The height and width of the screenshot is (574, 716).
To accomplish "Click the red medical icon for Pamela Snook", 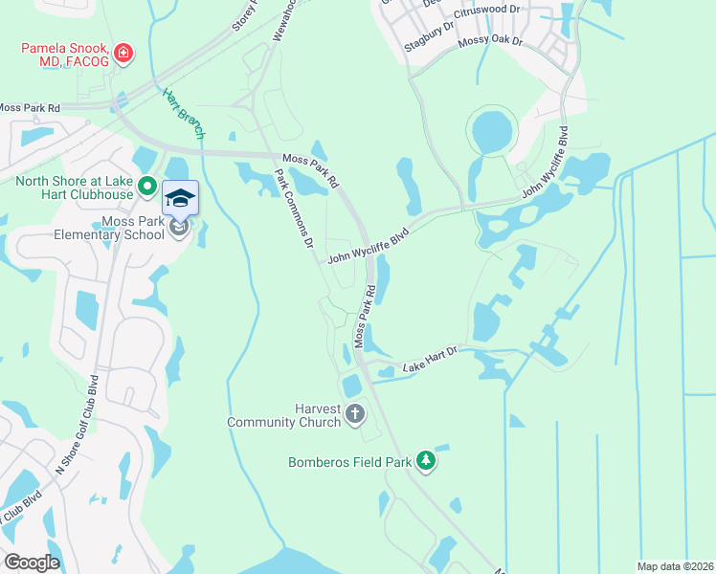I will tap(123, 54).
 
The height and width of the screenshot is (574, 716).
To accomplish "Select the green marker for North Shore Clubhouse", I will tap(146, 187).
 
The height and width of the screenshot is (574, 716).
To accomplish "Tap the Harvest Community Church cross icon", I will tap(355, 414).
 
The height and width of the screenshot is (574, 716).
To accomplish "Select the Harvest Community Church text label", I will tap(284, 414).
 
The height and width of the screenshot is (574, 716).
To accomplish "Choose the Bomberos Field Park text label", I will tap(350, 462).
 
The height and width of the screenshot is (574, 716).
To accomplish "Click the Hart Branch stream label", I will tap(178, 105).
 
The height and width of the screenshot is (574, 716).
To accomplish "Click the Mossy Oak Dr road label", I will tap(491, 41).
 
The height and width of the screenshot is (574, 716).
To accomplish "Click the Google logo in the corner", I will tap(32, 562).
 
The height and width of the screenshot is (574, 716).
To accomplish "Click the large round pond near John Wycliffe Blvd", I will tap(492, 131).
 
